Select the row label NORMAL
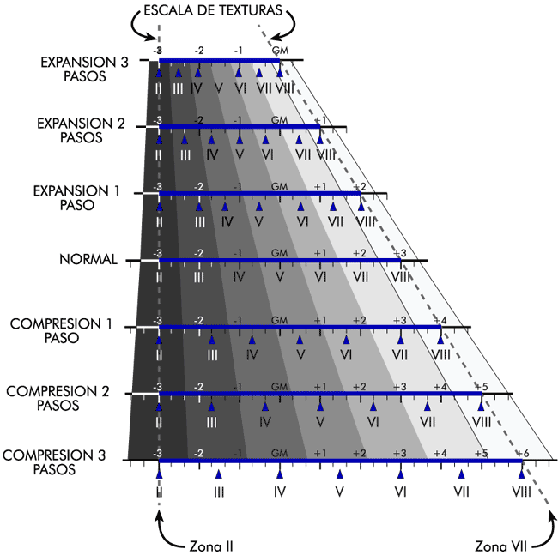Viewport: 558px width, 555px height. tap(88, 259)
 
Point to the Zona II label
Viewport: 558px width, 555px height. tap(209, 545)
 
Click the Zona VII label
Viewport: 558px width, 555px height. tap(501, 545)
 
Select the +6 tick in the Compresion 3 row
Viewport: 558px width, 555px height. tap(524, 454)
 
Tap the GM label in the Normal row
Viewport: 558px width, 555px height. tap(279, 253)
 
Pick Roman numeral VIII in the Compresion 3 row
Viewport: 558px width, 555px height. tap(521, 492)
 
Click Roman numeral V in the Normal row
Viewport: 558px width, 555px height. tap(280, 277)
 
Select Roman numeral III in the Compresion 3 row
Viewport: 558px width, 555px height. tap(219, 492)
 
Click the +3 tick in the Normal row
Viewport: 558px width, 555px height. tap(399, 253)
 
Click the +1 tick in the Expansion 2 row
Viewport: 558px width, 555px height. tap(319, 120)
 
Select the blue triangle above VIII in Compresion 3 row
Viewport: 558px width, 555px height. tap(521, 473)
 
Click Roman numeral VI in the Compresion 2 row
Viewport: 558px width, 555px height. tap(373, 421)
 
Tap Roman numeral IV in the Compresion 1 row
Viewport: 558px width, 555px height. tap(252, 354)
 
